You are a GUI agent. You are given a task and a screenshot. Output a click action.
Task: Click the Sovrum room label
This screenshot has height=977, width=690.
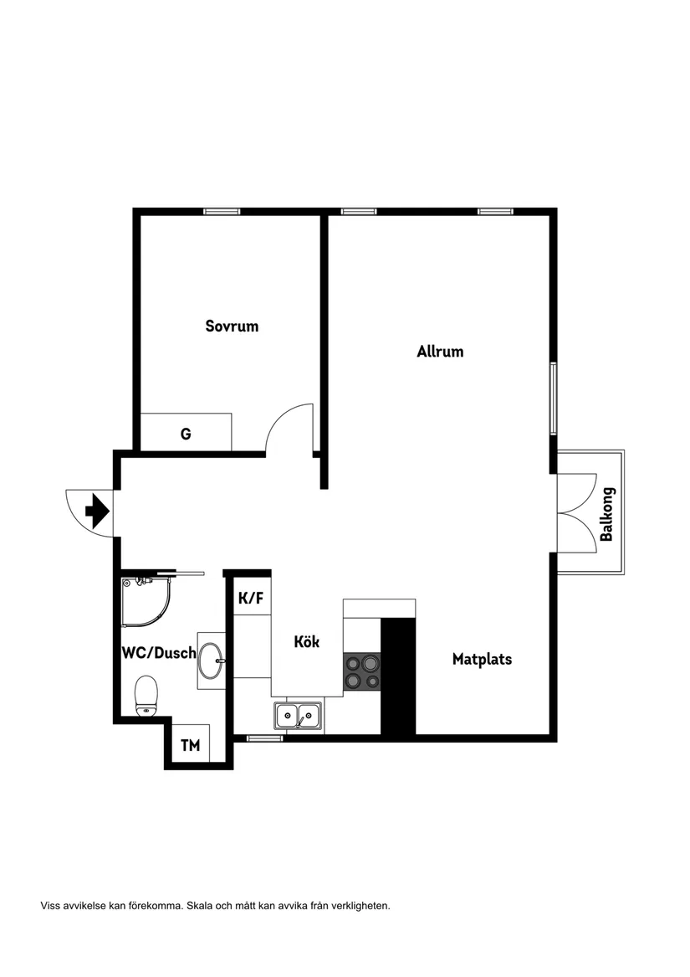click(232, 327)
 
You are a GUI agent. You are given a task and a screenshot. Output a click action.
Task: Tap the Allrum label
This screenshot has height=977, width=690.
click(440, 352)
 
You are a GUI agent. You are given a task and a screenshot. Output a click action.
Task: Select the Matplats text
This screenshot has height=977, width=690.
click(482, 659)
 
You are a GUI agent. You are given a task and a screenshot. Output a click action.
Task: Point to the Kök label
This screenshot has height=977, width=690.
click(307, 642)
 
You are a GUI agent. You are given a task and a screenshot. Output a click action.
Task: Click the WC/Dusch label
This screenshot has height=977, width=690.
click(159, 653)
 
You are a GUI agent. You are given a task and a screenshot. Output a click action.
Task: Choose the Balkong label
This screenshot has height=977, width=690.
click(607, 514)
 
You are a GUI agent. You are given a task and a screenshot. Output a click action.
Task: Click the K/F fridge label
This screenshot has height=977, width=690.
click(251, 598)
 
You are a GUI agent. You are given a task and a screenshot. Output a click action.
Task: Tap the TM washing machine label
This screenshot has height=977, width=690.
click(191, 745)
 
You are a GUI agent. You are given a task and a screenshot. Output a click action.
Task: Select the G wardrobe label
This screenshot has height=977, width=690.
click(186, 434)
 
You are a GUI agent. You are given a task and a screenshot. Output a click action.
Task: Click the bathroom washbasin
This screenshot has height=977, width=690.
click(211, 660)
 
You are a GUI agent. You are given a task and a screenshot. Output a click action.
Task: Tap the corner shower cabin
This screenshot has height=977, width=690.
click(147, 599)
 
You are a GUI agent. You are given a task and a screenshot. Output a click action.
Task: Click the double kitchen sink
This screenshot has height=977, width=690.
click(298, 716)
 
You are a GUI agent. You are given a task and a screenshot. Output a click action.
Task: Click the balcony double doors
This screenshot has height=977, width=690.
click(578, 512)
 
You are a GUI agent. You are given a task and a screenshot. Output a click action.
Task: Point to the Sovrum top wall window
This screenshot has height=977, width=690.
click(222, 211)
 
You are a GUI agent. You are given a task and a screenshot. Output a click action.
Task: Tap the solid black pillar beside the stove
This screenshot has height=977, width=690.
click(398, 676)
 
